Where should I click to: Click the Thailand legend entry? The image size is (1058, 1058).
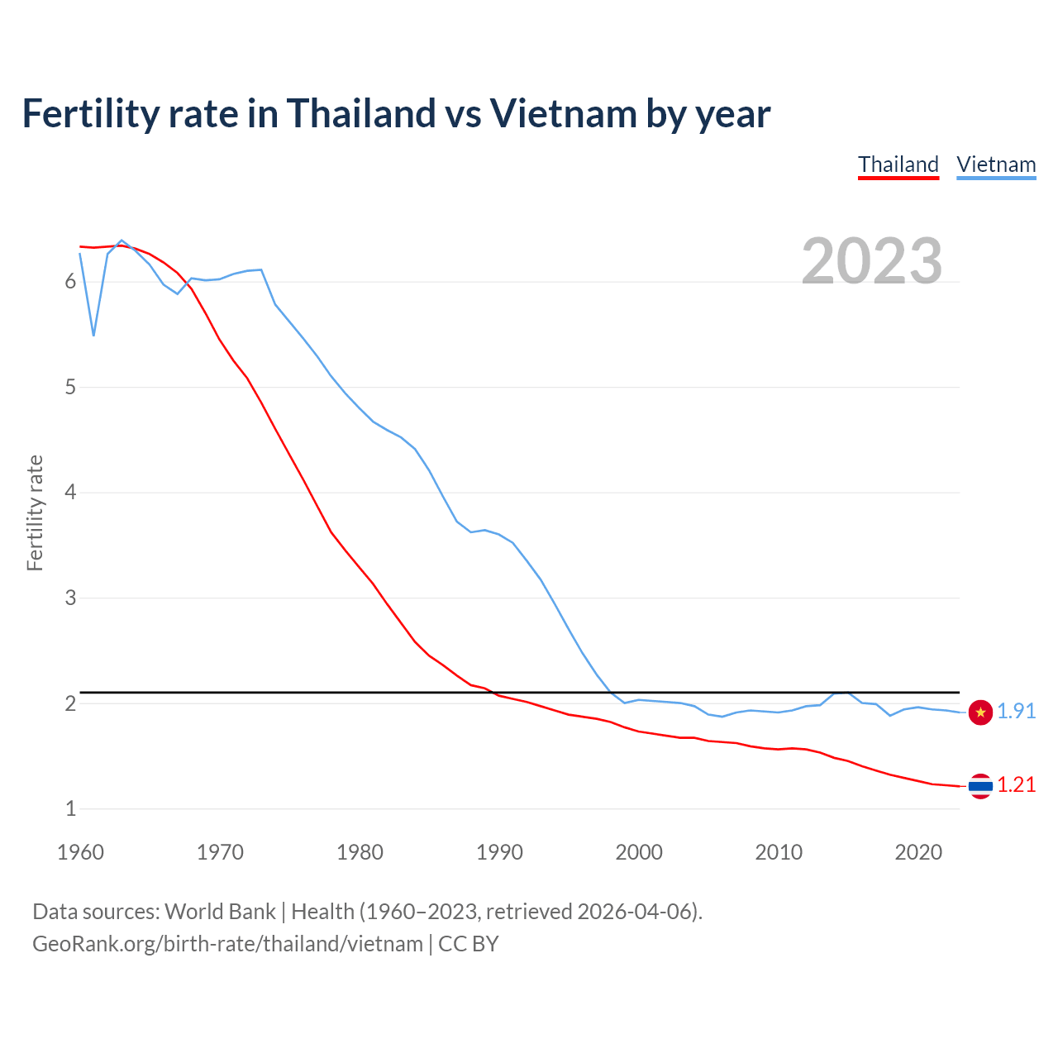pyautogui.click(x=898, y=164)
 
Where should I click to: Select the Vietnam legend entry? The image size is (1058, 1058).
pyautogui.click(x=996, y=164)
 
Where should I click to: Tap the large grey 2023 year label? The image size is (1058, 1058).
pyautogui.click(x=872, y=261)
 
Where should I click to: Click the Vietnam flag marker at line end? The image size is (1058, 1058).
pyautogui.click(x=980, y=712)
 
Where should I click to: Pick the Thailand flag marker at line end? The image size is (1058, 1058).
pyautogui.click(x=980, y=785)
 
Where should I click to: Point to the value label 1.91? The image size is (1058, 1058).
pyautogui.click(x=1016, y=711)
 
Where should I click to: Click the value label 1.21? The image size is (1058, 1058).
pyautogui.click(x=1016, y=784)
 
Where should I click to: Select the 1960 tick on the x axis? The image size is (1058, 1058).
pyautogui.click(x=80, y=852)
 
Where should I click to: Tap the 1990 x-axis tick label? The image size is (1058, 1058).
pyautogui.click(x=499, y=852)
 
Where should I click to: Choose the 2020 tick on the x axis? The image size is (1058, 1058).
pyautogui.click(x=918, y=852)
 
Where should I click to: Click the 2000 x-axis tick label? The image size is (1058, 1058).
pyautogui.click(x=639, y=852)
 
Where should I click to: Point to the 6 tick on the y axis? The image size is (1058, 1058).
pyautogui.click(x=70, y=282)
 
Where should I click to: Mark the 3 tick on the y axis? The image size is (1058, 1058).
pyautogui.click(x=70, y=598)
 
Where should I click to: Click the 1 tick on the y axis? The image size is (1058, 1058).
pyautogui.click(x=70, y=808)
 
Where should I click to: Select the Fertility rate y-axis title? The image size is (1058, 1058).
pyautogui.click(x=35, y=512)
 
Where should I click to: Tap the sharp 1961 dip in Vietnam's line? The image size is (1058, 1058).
pyautogui.click(x=94, y=335)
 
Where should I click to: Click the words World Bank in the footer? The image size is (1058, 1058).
pyautogui.click(x=220, y=911)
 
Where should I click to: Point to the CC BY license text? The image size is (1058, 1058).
pyautogui.click(x=469, y=944)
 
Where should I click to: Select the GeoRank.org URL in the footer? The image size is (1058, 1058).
pyautogui.click(x=227, y=944)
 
